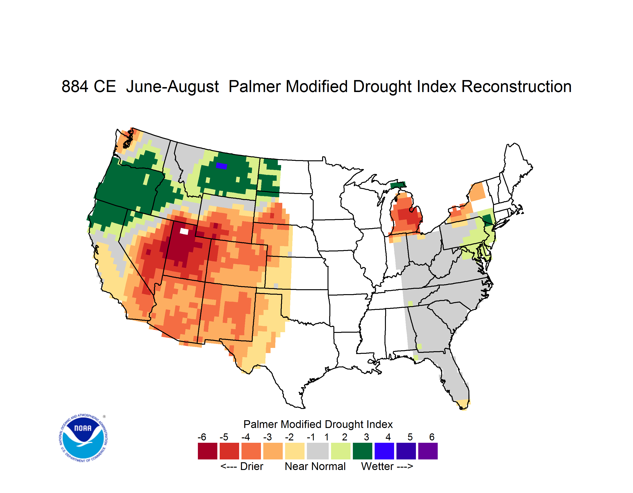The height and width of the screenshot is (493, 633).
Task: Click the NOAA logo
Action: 83,438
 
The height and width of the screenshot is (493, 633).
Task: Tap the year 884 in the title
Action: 75,86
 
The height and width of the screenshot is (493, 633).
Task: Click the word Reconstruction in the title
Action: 516,86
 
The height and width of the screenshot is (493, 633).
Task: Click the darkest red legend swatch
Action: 207,451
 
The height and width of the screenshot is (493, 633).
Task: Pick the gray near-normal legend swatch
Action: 318,451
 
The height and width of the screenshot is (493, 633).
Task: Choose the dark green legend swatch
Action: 362,451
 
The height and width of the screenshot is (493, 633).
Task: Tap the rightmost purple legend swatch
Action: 428,451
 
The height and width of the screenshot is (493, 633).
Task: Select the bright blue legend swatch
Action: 384,451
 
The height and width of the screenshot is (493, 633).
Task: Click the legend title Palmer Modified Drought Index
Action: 318,424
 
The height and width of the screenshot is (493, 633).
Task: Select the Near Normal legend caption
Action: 315,466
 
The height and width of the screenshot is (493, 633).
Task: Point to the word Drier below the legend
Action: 252,466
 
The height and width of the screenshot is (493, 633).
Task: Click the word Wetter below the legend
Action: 377,466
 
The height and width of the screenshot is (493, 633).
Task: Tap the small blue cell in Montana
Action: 222,166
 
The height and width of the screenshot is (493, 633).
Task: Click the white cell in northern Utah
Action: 184,231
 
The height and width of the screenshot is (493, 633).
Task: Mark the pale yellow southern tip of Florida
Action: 463,404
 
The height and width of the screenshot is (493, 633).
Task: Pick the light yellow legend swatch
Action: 295,451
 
